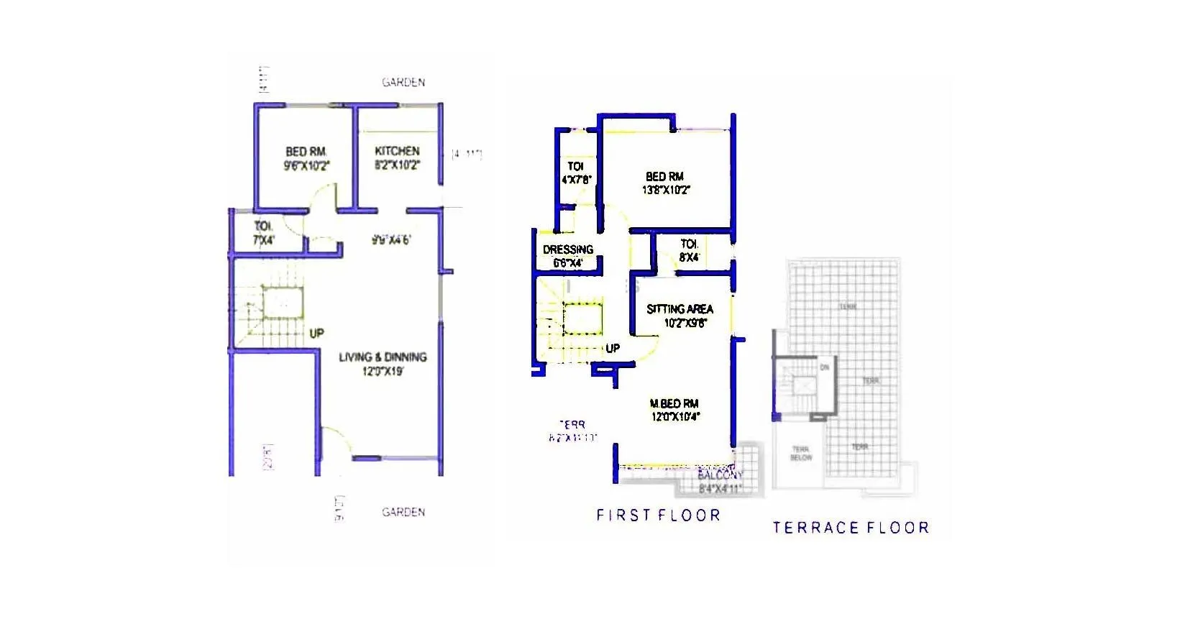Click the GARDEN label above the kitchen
(x=403, y=83)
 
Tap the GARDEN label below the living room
(x=403, y=512)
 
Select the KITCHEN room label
(x=397, y=151)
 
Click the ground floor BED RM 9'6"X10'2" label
(x=306, y=158)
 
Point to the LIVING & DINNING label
(x=383, y=357)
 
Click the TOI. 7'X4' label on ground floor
(x=263, y=233)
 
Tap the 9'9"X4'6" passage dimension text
(x=390, y=240)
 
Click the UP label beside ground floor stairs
(x=316, y=334)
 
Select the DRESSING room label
(x=568, y=250)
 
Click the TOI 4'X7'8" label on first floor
(x=575, y=173)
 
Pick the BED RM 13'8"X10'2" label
(x=665, y=183)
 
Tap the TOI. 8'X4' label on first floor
(x=689, y=250)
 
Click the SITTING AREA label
(x=680, y=310)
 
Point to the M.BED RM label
(x=674, y=404)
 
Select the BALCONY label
(x=720, y=476)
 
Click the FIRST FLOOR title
(x=658, y=515)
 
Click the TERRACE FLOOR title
(x=851, y=528)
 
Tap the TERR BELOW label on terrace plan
(x=801, y=453)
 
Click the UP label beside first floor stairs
(x=613, y=348)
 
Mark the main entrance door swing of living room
(x=334, y=440)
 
